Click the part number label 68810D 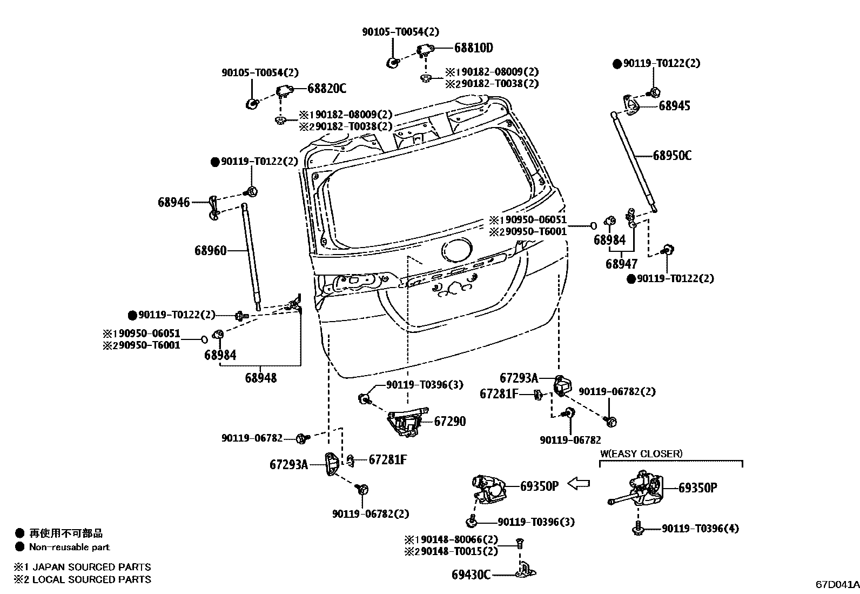[x=473, y=48]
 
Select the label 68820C [x=327, y=89]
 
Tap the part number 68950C [x=672, y=156]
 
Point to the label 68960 [x=211, y=251]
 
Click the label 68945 [x=674, y=106]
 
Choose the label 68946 [x=174, y=202]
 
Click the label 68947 [x=621, y=264]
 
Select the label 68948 [x=260, y=378]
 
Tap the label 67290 [x=450, y=422]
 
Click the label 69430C [x=471, y=575]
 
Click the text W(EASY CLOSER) [x=641, y=454]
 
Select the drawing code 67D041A [x=837, y=585]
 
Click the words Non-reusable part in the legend [x=69, y=547]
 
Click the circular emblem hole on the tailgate [x=456, y=252]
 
